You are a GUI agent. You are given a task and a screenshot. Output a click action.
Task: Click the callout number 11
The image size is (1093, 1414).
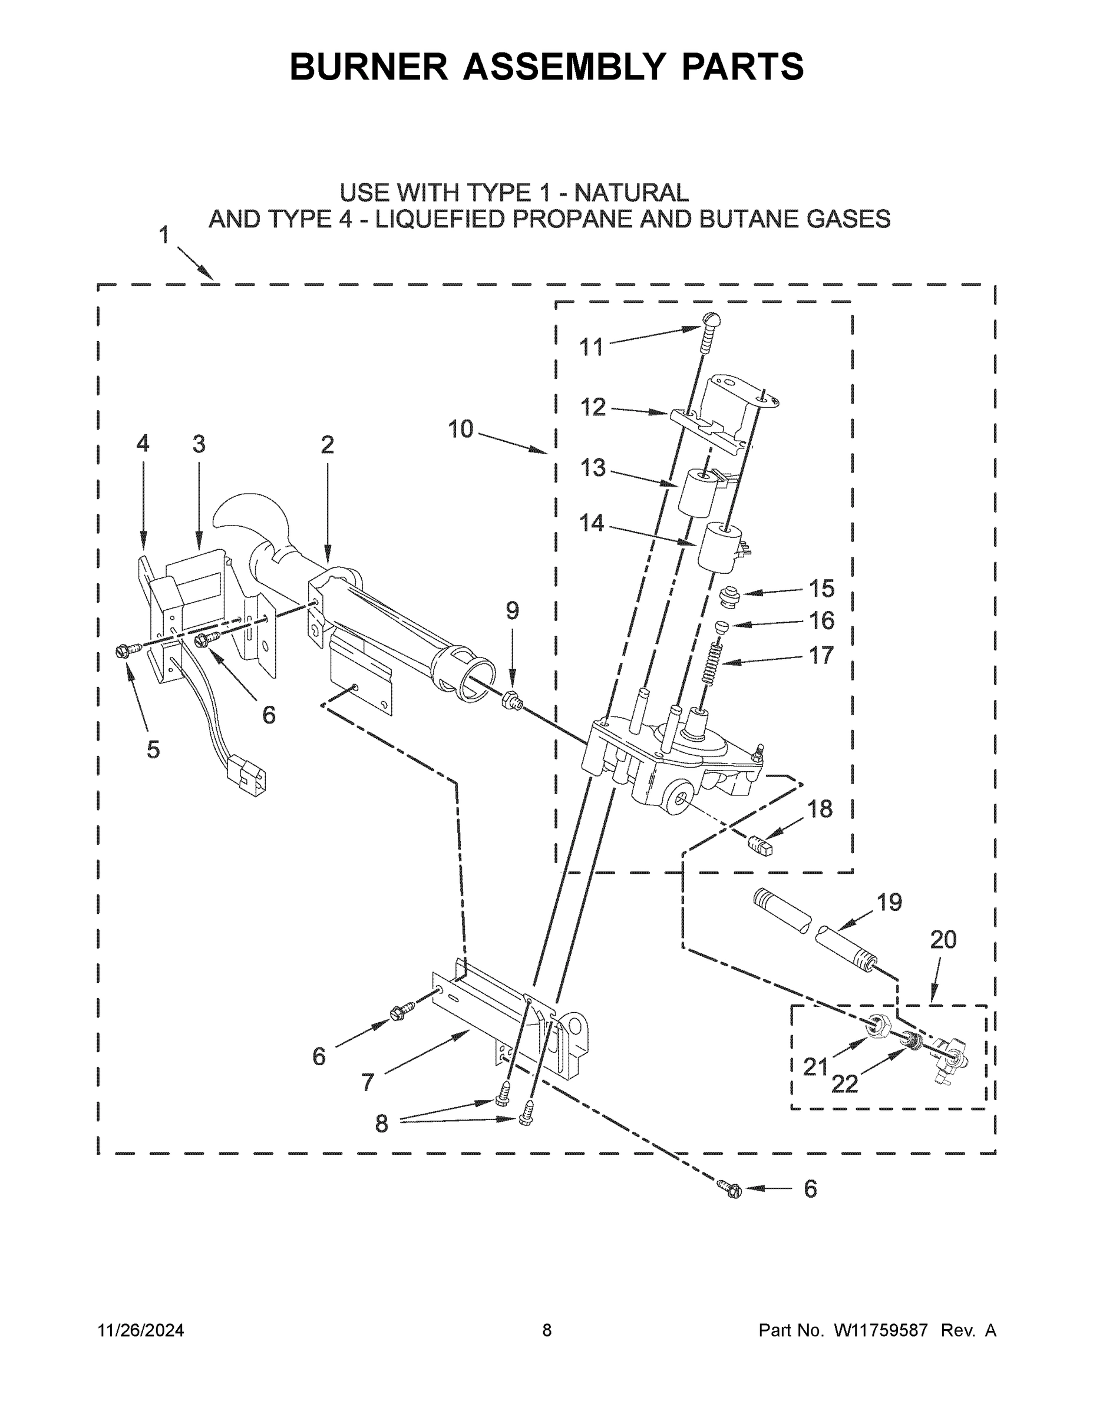click(590, 348)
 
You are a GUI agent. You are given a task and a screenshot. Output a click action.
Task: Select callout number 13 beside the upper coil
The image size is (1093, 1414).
click(593, 467)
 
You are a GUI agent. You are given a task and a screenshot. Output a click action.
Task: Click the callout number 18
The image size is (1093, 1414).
click(820, 809)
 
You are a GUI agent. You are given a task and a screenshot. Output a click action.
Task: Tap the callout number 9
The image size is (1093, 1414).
click(512, 610)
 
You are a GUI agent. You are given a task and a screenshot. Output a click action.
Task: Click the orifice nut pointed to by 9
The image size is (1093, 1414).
click(511, 700)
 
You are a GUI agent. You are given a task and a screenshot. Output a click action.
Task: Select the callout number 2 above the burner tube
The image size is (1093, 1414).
click(328, 445)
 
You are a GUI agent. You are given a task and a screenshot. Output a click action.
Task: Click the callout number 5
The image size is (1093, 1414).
click(153, 749)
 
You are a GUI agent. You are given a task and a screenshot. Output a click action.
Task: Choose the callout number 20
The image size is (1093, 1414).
click(943, 940)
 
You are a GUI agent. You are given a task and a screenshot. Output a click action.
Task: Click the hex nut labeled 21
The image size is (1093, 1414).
click(879, 1023)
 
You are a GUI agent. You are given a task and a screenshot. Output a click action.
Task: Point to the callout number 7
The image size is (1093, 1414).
click(368, 1081)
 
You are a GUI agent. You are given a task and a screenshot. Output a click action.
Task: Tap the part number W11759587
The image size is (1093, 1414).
click(881, 1330)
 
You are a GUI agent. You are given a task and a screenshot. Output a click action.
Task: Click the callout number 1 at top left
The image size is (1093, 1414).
click(164, 235)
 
